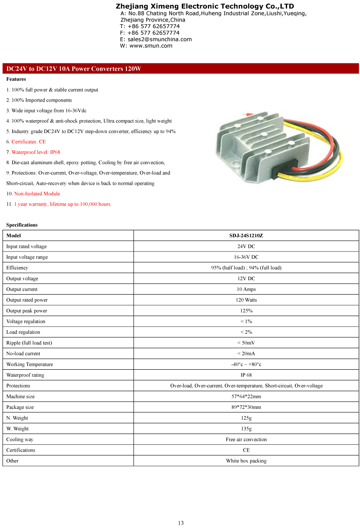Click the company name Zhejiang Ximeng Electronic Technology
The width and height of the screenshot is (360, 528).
coord(205,6)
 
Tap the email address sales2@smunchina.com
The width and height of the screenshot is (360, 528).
coord(160,39)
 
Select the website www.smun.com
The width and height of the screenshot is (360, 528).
coord(151,45)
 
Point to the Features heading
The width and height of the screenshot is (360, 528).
coord(16,79)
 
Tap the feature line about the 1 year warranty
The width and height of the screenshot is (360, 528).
coord(63,204)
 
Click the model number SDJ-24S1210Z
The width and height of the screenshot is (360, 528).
coord(246,236)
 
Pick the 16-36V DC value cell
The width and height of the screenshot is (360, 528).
coord(246,257)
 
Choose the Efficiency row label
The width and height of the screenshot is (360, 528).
coord(17,268)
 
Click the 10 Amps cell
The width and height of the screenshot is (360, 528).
coord(246,289)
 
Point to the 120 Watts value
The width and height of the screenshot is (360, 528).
coord(246,300)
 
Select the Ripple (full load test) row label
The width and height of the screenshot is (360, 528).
coord(29,343)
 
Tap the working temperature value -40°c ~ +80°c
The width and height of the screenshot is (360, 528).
coord(246,364)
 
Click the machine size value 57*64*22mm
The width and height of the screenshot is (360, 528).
coord(246,397)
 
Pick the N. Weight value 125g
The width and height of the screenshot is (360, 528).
coord(246,418)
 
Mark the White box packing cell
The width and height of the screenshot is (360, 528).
coord(246,461)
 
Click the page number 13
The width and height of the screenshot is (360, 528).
coord(180,523)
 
